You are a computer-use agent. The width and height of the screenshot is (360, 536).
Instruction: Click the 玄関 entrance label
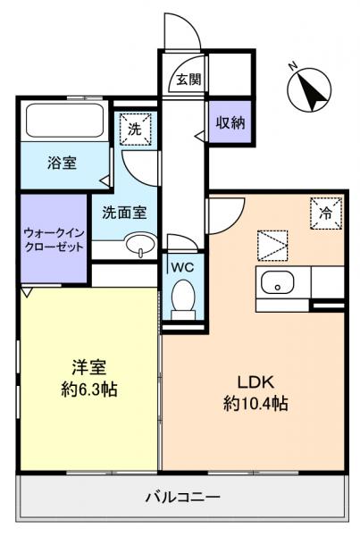[x=188, y=80]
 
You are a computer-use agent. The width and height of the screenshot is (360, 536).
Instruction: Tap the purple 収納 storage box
[x=230, y=123]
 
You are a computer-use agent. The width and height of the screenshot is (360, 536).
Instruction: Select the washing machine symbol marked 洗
[x=135, y=128]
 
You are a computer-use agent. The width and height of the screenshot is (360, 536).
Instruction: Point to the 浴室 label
[x=61, y=163]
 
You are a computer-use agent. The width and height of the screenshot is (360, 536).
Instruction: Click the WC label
[x=183, y=267]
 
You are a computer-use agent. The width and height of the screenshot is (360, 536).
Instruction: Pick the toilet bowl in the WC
[x=184, y=297]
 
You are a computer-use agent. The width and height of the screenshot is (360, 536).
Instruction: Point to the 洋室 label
[x=88, y=367]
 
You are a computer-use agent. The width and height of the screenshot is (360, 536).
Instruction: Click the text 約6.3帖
[x=88, y=389]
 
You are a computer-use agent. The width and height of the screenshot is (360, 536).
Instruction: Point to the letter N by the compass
[x=293, y=65]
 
